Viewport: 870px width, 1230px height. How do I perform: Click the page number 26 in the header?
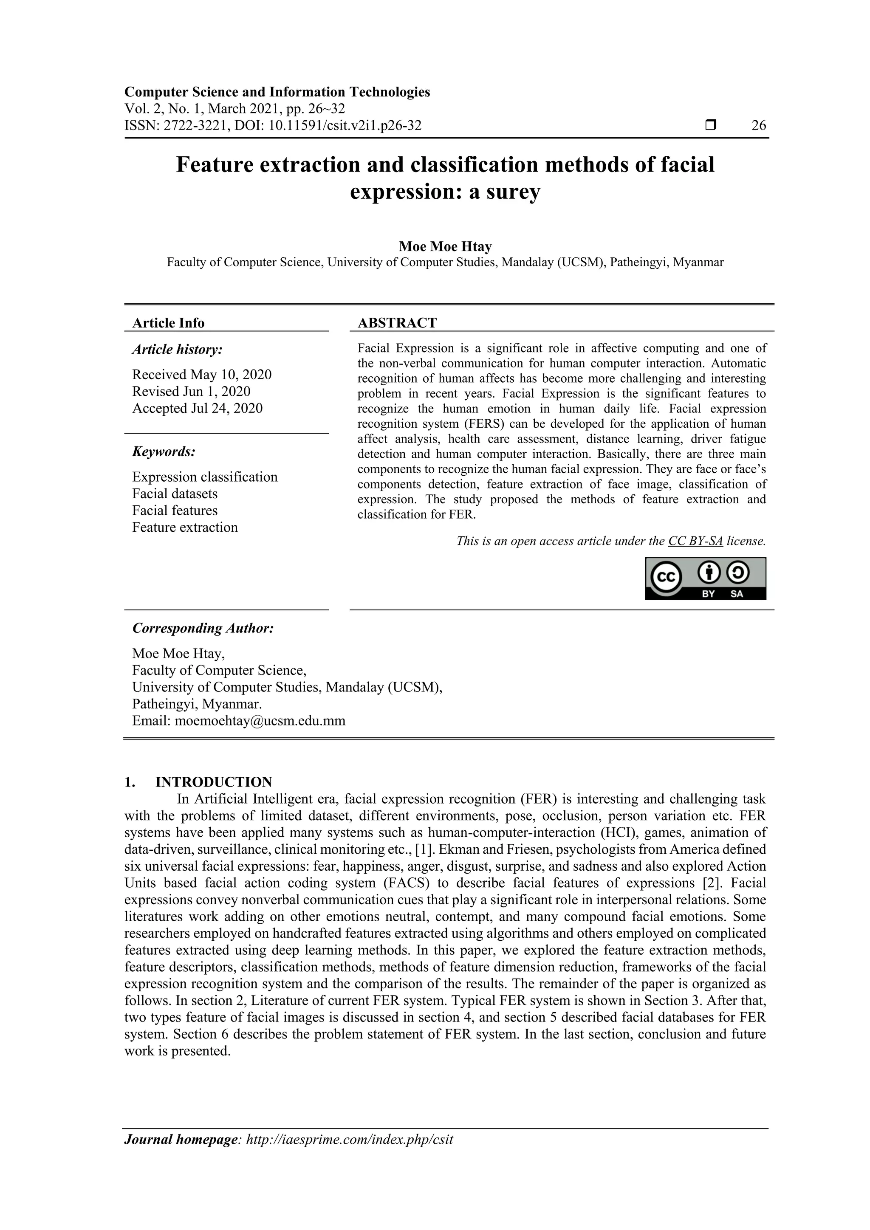tap(759, 125)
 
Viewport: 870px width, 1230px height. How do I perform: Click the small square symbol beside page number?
tap(710, 125)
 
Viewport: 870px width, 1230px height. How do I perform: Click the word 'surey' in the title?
tap(513, 192)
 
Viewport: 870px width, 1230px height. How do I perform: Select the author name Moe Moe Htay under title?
tap(445, 246)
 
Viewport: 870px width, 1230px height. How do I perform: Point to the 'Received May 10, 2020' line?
tap(202, 375)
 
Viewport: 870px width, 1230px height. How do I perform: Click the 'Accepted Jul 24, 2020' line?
tap(198, 408)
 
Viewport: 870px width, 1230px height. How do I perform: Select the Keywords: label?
tap(164, 451)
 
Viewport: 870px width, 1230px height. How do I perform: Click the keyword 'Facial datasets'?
tap(175, 494)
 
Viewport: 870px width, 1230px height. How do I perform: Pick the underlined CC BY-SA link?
tap(695, 541)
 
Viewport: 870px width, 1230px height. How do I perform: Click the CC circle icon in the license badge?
tap(665, 578)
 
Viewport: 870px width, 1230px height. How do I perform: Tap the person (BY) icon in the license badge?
tap(709, 573)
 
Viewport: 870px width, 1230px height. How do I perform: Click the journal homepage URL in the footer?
tap(349, 1140)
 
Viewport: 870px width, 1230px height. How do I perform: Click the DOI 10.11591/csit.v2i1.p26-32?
tap(345, 125)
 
